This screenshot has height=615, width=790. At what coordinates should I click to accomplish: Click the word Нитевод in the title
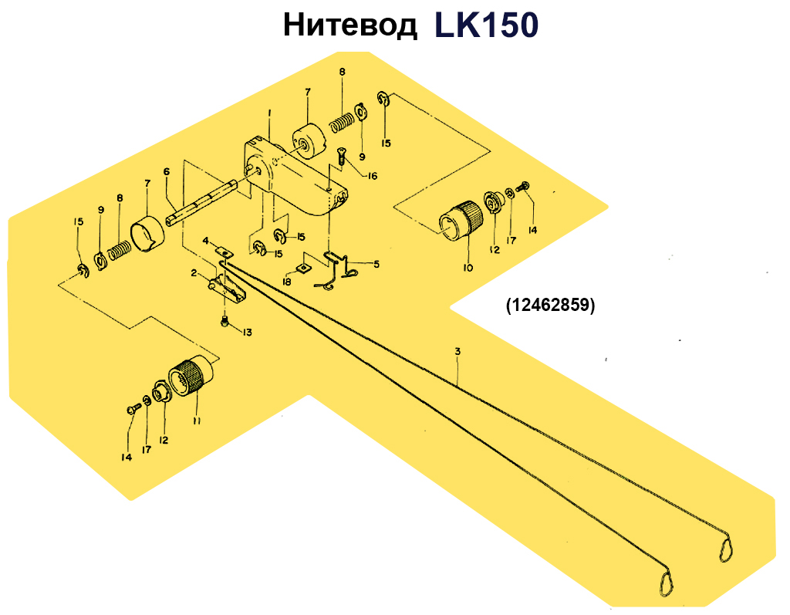coord(350,25)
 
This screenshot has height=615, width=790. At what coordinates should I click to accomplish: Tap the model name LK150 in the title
coord(486,25)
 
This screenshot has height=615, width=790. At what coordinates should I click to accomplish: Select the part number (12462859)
coord(551,305)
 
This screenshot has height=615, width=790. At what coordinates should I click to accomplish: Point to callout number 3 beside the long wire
coord(457,351)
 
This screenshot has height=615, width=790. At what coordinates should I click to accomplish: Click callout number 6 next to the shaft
coord(167,172)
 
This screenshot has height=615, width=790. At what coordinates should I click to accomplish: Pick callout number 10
coord(468,268)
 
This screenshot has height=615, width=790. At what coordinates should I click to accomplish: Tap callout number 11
coord(197,421)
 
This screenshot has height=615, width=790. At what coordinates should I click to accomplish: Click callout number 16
coord(372,176)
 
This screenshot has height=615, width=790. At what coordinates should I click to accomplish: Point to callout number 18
coord(287,282)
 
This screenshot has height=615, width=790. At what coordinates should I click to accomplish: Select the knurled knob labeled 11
coord(191,374)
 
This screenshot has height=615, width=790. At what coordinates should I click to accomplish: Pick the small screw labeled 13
coord(225,320)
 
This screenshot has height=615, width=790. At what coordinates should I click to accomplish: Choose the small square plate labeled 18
coord(302,268)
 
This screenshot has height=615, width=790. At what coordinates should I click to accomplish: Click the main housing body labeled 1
coord(295,177)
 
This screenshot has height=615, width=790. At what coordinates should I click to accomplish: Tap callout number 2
coord(194,273)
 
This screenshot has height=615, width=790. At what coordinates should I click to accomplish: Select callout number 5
coord(376,264)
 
